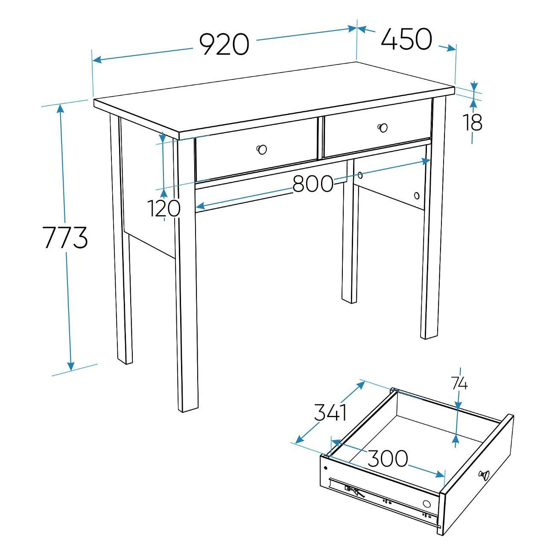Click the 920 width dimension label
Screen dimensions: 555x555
point(224,44)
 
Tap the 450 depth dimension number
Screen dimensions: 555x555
point(406,38)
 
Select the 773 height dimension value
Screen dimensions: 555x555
point(65,237)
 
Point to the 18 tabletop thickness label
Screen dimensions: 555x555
point(472,122)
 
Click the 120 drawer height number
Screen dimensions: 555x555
point(164,208)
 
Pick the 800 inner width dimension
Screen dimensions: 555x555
point(313,184)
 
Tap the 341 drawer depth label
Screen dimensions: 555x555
point(330,412)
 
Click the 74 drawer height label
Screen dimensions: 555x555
point(459,384)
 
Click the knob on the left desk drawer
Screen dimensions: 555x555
point(261,149)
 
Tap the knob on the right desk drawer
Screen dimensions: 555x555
point(383,127)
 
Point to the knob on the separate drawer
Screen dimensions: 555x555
point(484,474)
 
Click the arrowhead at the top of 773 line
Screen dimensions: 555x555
point(60,108)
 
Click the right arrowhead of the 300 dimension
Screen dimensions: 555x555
point(440,474)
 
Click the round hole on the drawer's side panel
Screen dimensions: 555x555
point(427,504)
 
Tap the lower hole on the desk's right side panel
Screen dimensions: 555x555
point(417,196)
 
